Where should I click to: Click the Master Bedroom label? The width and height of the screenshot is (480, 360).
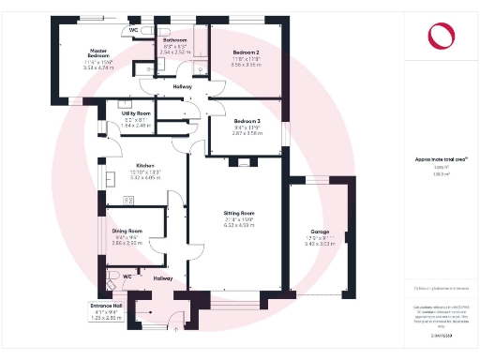[x=100, y=53]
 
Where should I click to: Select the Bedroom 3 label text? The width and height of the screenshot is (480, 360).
[x=247, y=121]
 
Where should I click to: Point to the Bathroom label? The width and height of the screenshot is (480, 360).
[x=175, y=41]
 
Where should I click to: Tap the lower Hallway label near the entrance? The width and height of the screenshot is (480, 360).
[x=163, y=277]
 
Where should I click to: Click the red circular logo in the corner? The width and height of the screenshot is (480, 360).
[x=441, y=36]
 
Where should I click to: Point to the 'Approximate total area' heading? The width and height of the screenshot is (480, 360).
[x=441, y=159]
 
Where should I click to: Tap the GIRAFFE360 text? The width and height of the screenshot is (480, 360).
[x=443, y=335]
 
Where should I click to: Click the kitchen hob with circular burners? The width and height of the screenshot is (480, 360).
[x=128, y=201]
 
